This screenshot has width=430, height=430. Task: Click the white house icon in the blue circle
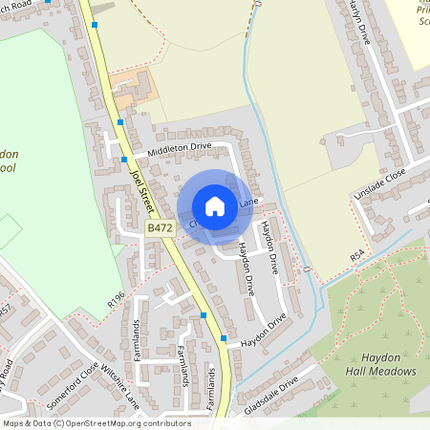(x=215, y=205)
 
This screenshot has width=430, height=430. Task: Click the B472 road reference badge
(x=160, y=229)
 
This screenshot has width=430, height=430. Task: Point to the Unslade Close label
(x=380, y=178)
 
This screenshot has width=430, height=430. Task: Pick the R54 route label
(x=357, y=256)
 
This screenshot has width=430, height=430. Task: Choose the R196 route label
(x=117, y=301)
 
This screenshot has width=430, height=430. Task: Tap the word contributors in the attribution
(x=164, y=422)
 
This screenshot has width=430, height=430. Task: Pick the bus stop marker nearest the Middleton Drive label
(x=124, y=160)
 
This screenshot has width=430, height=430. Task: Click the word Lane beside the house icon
(x=248, y=203)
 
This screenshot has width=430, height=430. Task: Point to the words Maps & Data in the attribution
(x=25, y=422)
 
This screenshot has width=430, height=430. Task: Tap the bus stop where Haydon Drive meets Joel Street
(x=224, y=338)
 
